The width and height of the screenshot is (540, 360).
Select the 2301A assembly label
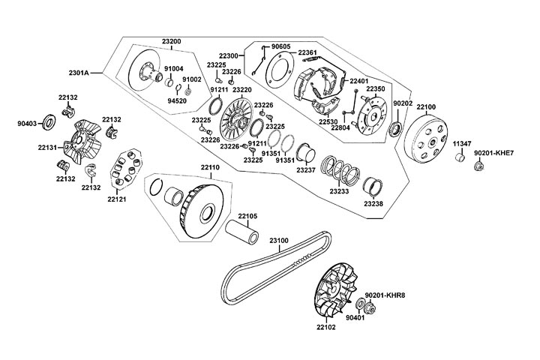click(79, 73)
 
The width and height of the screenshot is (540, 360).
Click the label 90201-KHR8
click(385, 295)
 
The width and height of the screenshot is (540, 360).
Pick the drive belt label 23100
click(279, 241)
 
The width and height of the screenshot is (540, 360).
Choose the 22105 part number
click(247, 216)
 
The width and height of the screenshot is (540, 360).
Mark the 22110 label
click(210, 167)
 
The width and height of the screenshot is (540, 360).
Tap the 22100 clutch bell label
click(427, 107)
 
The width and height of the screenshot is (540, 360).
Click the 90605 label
click(280, 46)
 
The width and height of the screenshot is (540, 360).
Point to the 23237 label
click(305, 170)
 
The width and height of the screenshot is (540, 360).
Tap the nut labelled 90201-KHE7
click(477, 165)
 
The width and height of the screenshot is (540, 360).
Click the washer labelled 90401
click(359, 304)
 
